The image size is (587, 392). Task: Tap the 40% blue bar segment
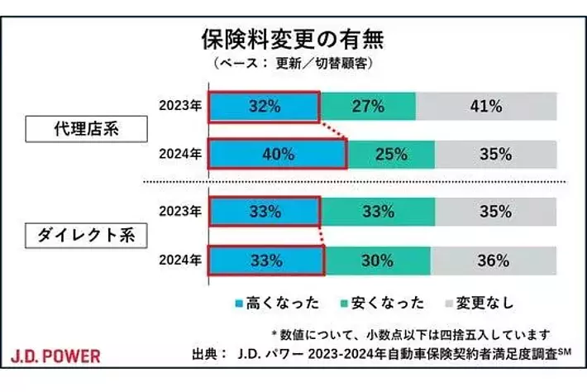point(276,155)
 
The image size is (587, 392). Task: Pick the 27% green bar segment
point(368,106)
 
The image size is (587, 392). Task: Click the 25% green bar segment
point(391,155)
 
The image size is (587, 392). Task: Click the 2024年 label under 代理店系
point(180,155)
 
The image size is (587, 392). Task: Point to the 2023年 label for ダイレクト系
point(180,211)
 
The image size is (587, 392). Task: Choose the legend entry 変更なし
point(480,303)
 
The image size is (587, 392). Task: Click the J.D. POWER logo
point(56,356)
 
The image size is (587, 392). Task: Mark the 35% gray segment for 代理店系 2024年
point(496,155)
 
